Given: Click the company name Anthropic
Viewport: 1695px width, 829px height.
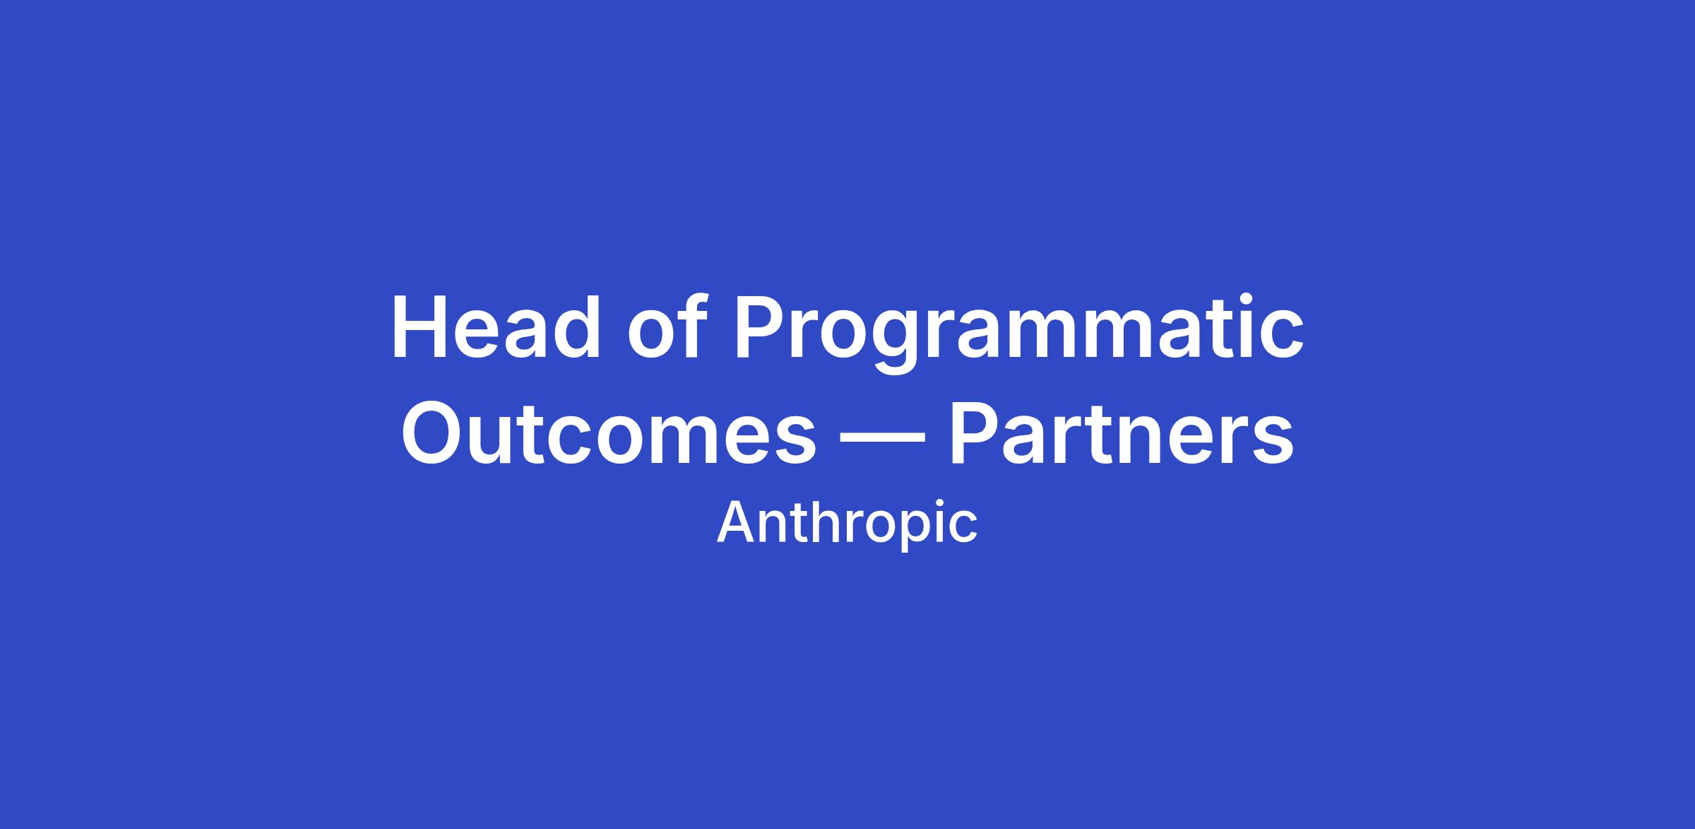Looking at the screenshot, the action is point(847,523).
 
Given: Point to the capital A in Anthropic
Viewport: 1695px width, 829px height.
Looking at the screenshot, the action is point(737,522).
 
